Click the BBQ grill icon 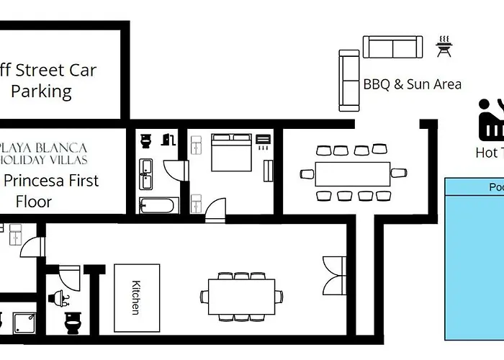click(x=443, y=48)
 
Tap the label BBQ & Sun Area click(x=412, y=84)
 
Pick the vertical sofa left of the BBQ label click(x=349, y=80)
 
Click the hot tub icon click(x=491, y=120)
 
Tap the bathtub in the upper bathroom click(x=157, y=205)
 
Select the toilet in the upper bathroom click(x=146, y=139)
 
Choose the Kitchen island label click(x=136, y=297)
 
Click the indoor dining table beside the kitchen click(x=242, y=296)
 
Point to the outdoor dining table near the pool click(x=353, y=174)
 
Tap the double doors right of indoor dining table click(x=333, y=274)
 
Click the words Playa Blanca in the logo click(x=45, y=148)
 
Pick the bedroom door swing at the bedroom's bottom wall click(x=215, y=208)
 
